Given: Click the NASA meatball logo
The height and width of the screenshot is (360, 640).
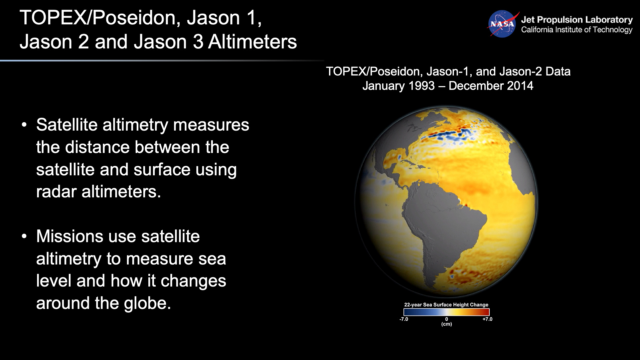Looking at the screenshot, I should click(502, 24).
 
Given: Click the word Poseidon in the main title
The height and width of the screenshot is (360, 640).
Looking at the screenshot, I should click(136, 18).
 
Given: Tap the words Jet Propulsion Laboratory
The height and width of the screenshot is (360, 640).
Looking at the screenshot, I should click(577, 20).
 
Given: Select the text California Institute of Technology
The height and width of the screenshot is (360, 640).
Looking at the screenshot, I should click(577, 30).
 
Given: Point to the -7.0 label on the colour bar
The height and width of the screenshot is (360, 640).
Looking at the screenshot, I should click(404, 319).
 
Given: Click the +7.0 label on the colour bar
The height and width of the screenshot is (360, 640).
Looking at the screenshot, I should click(487, 319).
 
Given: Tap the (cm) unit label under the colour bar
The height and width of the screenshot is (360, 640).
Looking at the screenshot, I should click(446, 324).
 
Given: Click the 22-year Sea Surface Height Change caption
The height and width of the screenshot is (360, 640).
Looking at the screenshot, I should click(446, 305).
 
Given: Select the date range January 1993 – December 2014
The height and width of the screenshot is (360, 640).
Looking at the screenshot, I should click(448, 86).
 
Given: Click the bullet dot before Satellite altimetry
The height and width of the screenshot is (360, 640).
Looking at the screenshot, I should click(24, 125).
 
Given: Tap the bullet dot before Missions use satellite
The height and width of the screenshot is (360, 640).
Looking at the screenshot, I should click(24, 236).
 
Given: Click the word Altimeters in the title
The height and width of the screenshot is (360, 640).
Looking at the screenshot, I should click(252, 42).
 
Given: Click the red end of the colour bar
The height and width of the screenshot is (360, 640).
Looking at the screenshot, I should click(485, 312).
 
